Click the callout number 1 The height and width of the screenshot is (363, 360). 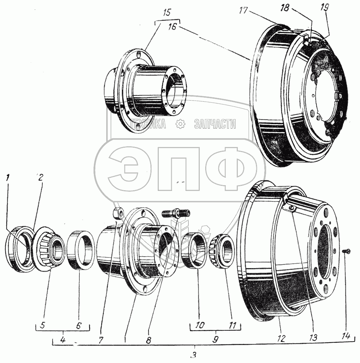8,178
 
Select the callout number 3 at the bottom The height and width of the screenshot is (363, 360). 195,355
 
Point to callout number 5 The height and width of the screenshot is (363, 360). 42,325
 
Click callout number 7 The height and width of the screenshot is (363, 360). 101,339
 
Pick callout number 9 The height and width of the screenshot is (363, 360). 215,339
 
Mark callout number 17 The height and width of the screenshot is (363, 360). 243,11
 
